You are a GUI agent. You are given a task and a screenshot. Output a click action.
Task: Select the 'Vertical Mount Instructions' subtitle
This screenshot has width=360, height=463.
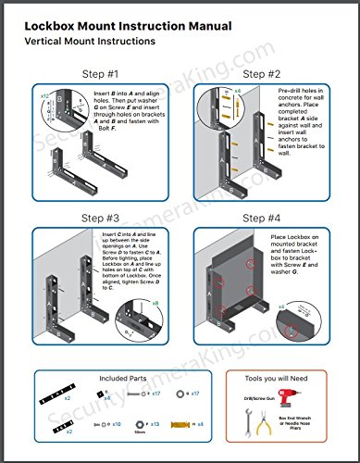coord(91,42)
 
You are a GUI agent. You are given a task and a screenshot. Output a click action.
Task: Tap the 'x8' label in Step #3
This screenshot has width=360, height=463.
coord(155,302)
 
